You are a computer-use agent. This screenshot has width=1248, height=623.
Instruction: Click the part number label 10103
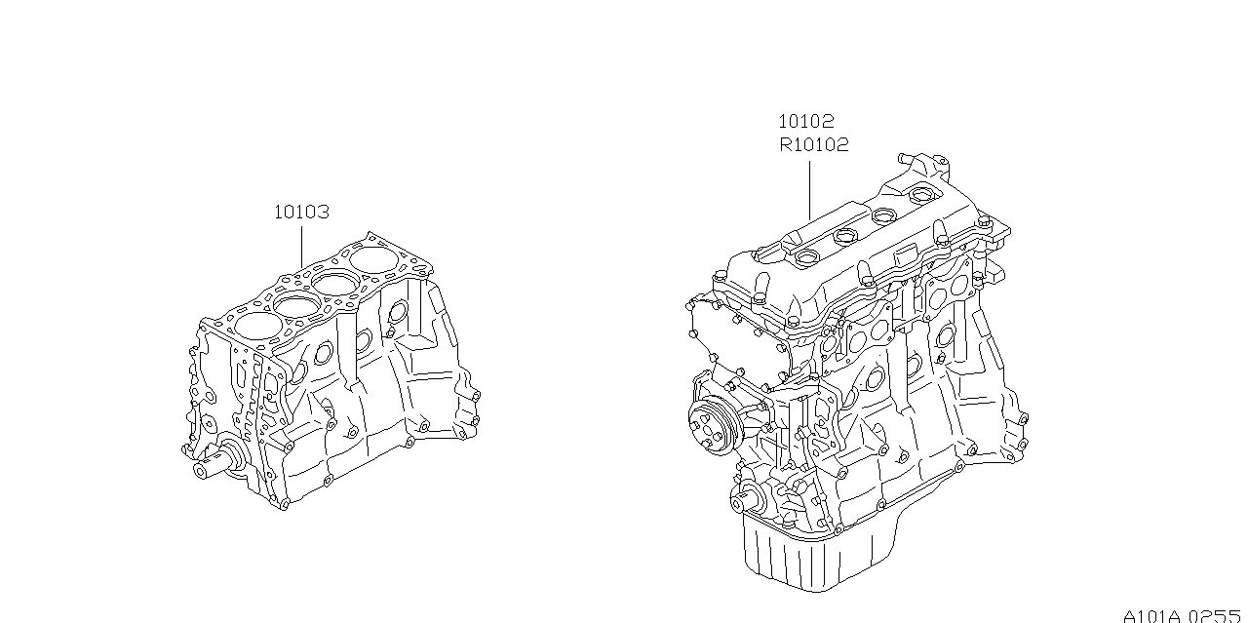pyautogui.click(x=301, y=212)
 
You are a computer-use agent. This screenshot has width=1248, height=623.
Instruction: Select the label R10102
pyautogui.click(x=813, y=145)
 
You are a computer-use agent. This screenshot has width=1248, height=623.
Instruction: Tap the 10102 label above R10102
pyautogui.click(x=805, y=121)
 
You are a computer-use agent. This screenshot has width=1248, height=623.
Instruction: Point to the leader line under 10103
pyautogui.click(x=301, y=247)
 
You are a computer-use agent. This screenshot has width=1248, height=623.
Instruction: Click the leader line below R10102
pyautogui.click(x=809, y=190)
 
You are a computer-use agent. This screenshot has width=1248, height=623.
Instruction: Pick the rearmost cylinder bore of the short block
pyautogui.click(x=374, y=259)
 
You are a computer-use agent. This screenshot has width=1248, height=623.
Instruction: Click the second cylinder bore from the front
pyautogui.click(x=297, y=304)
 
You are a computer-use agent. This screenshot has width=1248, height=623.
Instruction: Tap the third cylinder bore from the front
pyautogui.click(x=335, y=282)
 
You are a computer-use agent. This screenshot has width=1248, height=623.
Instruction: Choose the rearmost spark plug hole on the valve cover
pyautogui.click(x=919, y=196)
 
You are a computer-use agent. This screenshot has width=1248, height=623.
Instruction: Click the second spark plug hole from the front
pyautogui.click(x=845, y=237)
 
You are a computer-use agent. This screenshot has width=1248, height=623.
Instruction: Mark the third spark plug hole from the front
pyautogui.click(x=883, y=215)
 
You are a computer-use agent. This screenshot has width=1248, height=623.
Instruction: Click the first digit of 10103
pyautogui.click(x=279, y=212)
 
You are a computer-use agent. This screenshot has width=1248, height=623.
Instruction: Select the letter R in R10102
pyautogui.click(x=786, y=145)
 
